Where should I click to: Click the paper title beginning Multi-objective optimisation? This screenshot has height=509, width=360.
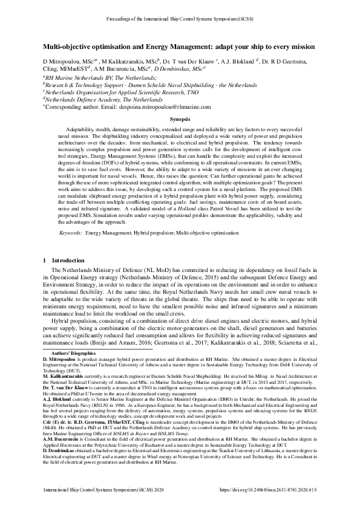pyautogui.click(x=179, y=47)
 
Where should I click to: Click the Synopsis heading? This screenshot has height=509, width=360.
pyautogui.click(x=180, y=120)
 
